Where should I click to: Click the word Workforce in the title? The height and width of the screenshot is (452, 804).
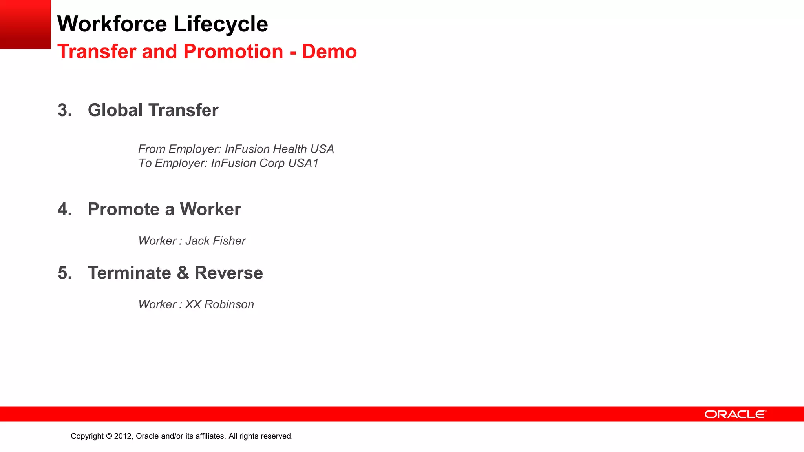[x=112, y=24]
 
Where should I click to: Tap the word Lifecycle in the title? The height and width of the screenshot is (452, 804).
[x=221, y=24]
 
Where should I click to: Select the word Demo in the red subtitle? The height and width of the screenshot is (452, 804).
[x=329, y=52]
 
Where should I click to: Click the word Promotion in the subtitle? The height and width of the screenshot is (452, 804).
[x=233, y=52]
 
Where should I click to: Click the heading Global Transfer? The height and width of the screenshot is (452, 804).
[x=153, y=110]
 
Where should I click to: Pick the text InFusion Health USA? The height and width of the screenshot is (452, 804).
[x=279, y=149]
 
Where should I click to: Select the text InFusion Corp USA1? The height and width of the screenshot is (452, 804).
[x=265, y=163]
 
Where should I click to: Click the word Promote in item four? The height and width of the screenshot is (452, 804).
[x=123, y=210]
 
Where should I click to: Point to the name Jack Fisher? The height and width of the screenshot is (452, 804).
[x=215, y=241]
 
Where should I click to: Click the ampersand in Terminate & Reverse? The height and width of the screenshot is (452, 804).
[x=183, y=273]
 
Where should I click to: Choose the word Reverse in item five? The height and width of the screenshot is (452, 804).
[x=228, y=273]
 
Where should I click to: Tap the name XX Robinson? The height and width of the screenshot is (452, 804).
[x=219, y=304]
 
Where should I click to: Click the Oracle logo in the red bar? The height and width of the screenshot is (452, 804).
[x=735, y=414]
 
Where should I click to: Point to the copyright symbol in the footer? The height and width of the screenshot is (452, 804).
[x=109, y=436]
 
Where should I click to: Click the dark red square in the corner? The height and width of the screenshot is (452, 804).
[x=25, y=24]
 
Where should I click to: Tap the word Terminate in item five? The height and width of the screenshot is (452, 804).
[x=129, y=273]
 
